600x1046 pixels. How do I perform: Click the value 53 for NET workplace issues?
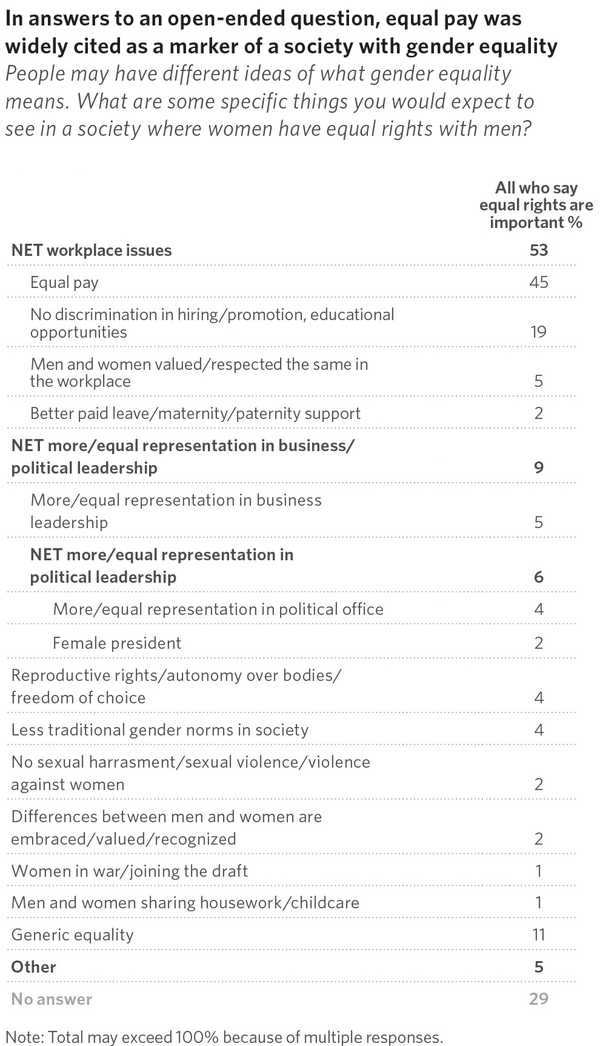(538, 250)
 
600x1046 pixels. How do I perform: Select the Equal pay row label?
(64, 283)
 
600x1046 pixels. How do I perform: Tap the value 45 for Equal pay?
(538, 282)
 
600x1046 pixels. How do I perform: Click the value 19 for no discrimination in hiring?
(538, 332)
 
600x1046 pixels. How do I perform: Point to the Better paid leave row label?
(195, 414)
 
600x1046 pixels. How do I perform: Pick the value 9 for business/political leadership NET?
(539, 467)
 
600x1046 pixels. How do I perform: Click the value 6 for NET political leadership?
(539, 577)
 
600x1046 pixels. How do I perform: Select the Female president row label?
(117, 643)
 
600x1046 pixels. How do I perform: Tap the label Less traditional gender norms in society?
(160, 729)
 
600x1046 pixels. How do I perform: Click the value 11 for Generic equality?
(538, 934)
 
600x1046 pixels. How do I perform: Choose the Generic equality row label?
(73, 935)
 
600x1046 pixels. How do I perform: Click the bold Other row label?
(34, 967)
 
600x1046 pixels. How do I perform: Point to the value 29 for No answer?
(538, 999)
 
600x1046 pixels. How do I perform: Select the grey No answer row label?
(52, 999)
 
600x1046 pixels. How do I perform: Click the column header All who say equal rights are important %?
(536, 205)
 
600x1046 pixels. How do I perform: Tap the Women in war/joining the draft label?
(130, 871)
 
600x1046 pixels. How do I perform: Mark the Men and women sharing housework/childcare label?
(185, 903)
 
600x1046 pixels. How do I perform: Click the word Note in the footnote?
(22, 1037)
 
